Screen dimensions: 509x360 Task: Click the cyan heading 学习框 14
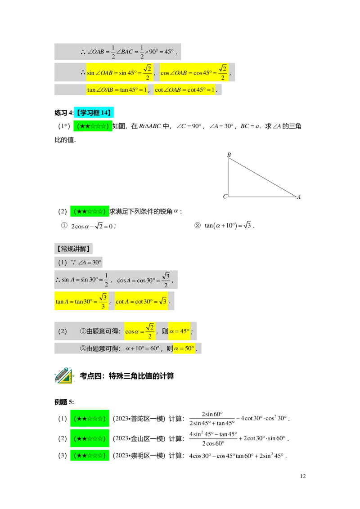point(94,112)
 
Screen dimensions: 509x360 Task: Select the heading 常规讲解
point(74,249)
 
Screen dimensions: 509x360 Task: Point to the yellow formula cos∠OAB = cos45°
point(193,72)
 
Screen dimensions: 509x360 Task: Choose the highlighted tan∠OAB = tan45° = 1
point(117,89)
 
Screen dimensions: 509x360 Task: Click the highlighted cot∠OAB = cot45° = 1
point(184,89)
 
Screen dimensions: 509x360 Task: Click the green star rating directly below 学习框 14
point(93,126)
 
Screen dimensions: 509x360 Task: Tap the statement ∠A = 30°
point(90,263)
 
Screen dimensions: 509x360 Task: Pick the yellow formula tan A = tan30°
point(81,301)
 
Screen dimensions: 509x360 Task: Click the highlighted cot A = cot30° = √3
point(141,301)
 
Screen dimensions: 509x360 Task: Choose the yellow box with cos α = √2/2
point(139,331)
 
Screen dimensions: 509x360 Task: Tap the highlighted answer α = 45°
point(179,331)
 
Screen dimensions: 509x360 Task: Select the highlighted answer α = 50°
point(184,348)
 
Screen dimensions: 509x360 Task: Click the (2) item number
point(62,331)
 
